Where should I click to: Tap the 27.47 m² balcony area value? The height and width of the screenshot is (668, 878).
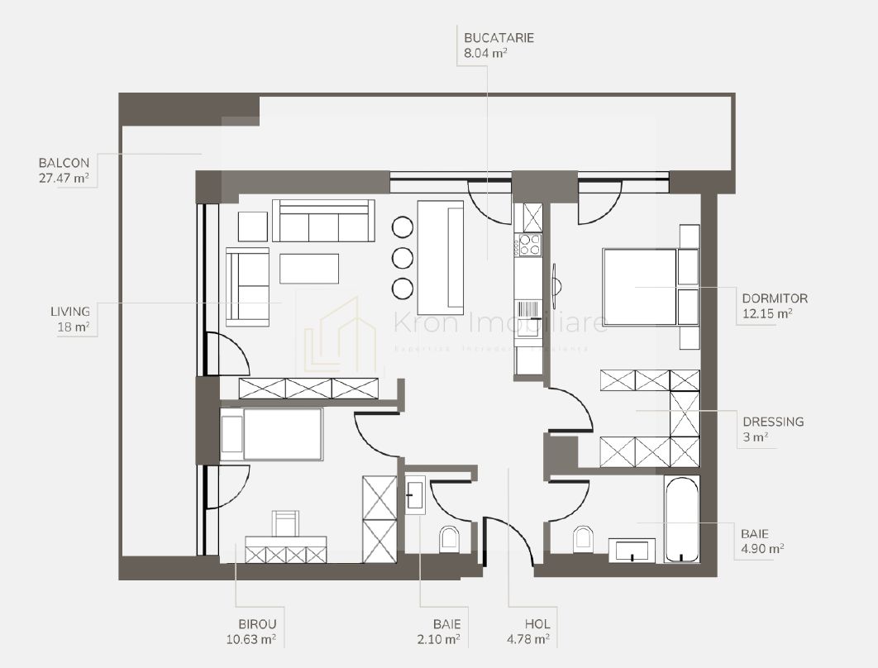pos(64,178)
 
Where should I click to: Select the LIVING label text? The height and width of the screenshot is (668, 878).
pos(69,312)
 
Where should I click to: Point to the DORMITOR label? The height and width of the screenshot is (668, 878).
pos(775,298)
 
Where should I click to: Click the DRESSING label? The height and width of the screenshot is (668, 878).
pos(773,422)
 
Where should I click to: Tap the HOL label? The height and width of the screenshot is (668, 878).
pos(537,624)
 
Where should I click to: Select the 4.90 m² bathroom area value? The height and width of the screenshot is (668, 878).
pos(763,547)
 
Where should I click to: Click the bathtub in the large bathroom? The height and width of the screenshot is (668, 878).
pos(682,519)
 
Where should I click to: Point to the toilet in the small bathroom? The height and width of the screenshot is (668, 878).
pos(449,539)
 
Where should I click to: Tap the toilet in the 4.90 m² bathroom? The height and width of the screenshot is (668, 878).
pos(583,539)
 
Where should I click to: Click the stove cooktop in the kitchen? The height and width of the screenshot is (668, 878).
pos(528,244)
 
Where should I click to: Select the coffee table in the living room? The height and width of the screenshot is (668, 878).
pos(308,269)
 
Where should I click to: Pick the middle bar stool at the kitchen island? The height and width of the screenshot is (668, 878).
pos(403,257)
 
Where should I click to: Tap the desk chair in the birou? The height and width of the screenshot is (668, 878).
pos(285,524)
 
